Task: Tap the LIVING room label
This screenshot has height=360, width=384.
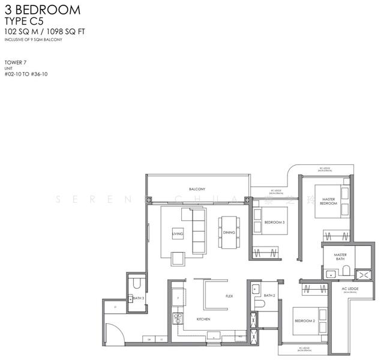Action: tap(178, 233)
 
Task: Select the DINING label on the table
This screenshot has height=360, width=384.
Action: tap(229, 232)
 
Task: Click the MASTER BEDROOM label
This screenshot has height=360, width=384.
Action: tap(328, 201)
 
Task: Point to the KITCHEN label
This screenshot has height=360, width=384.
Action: tap(203, 319)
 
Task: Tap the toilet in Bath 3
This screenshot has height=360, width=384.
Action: tap(137, 282)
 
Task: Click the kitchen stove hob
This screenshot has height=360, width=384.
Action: tap(177, 318)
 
